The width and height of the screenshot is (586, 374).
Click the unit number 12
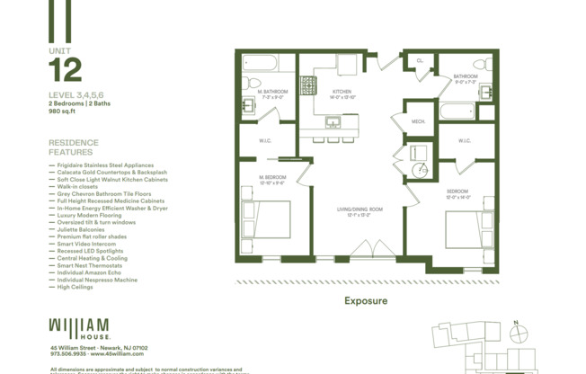(65, 70)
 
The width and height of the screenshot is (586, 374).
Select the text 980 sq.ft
(63, 111)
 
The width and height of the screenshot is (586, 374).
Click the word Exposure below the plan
(366, 300)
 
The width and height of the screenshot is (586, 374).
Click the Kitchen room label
(342, 93)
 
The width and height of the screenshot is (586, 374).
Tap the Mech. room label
(418, 121)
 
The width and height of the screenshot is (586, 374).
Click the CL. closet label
(420, 61)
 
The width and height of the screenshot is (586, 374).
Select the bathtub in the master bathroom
(261, 63)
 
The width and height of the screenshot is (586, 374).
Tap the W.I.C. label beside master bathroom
(265, 140)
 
